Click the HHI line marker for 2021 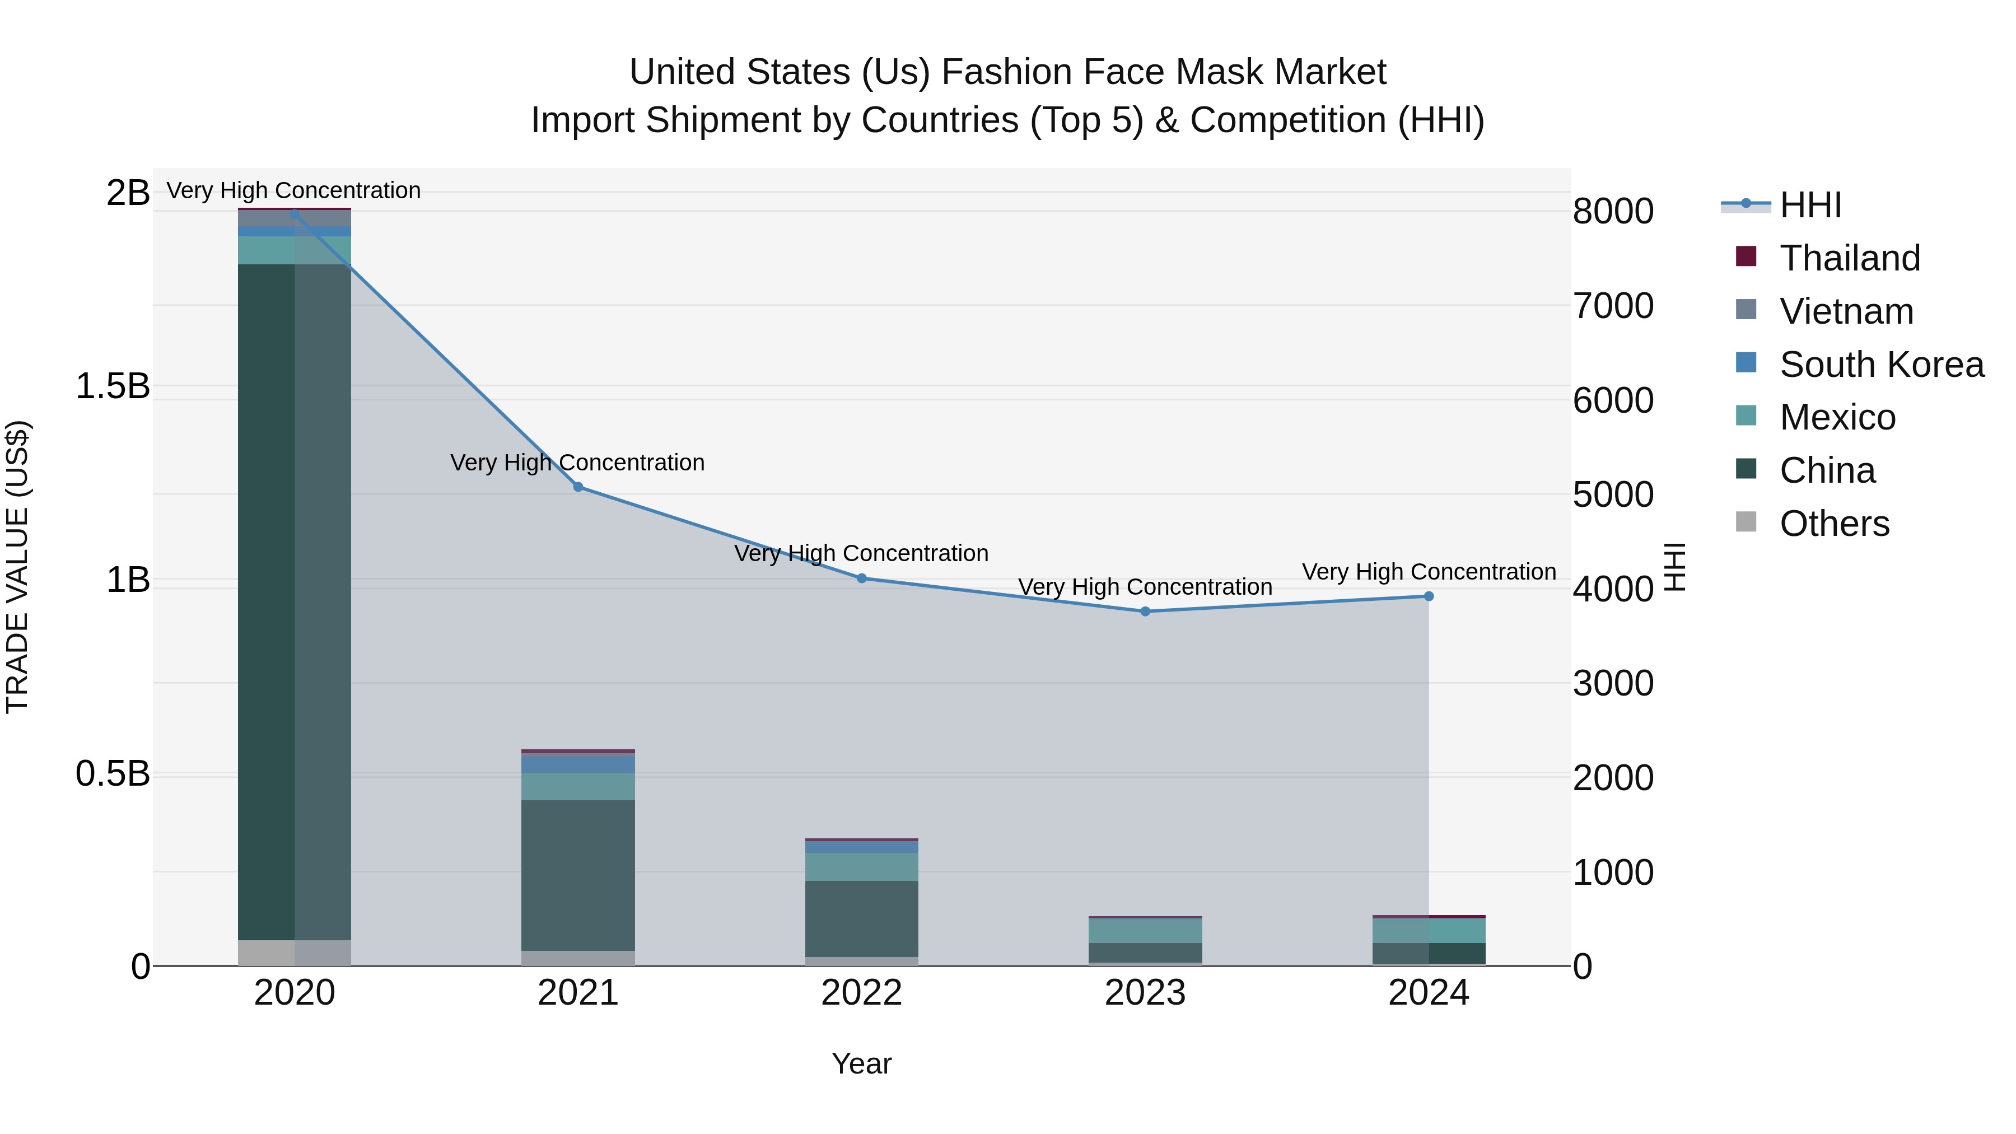578,487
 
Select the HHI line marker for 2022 862,578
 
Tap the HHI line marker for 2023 1145,611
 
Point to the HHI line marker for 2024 1428,596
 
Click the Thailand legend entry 1849,258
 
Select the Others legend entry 1833,524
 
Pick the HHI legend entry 1810,205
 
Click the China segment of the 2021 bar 578,875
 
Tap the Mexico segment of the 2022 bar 862,866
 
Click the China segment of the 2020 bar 294,603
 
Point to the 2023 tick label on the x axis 1145,993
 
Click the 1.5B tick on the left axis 113,386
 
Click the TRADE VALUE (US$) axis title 17,567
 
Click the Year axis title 862,1063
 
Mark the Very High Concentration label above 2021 577,463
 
